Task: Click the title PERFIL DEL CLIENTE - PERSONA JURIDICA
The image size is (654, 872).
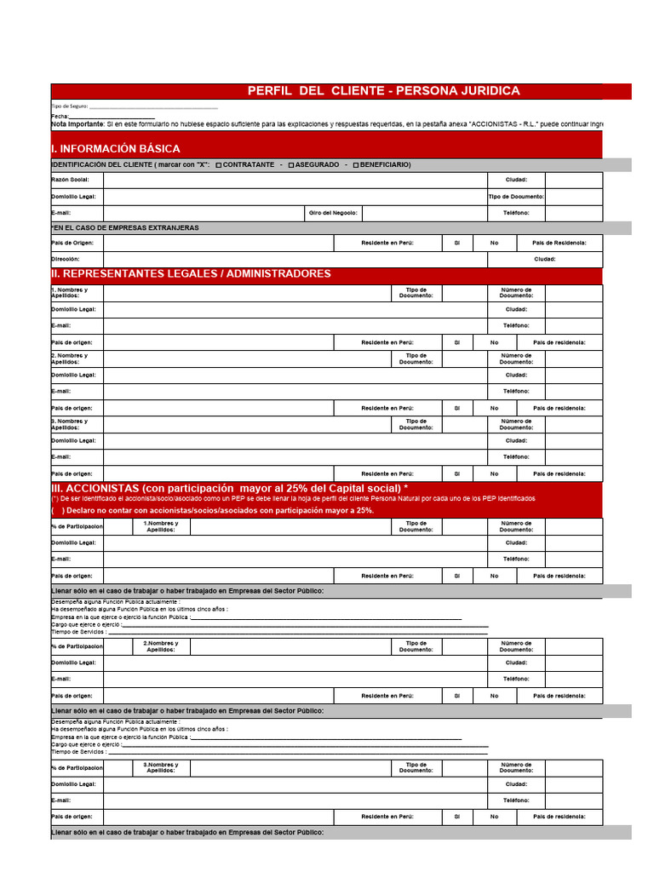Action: coord(383,91)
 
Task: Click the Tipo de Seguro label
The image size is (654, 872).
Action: coord(69,106)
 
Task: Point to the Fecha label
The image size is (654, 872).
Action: coord(60,116)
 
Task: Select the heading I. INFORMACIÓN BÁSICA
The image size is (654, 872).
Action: coord(116,148)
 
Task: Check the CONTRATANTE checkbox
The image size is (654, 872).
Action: coord(220,164)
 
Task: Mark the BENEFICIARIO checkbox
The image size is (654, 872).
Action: coord(356,164)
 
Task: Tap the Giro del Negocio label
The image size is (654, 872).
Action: coord(334,212)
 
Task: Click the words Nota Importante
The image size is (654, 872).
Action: coord(77,124)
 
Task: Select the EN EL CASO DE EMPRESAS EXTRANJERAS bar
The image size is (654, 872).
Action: coord(126,227)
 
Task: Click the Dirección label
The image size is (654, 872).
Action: coord(66,258)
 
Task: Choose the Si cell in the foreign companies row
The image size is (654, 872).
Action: coord(457,243)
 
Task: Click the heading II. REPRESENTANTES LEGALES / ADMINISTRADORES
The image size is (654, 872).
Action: coord(192,273)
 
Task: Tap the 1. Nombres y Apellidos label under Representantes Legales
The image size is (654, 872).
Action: coord(70,293)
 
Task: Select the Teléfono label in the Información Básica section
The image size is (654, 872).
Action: coord(516,212)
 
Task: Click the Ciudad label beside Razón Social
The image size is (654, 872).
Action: coord(516,180)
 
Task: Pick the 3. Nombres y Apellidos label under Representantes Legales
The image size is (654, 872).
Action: coord(70,424)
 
